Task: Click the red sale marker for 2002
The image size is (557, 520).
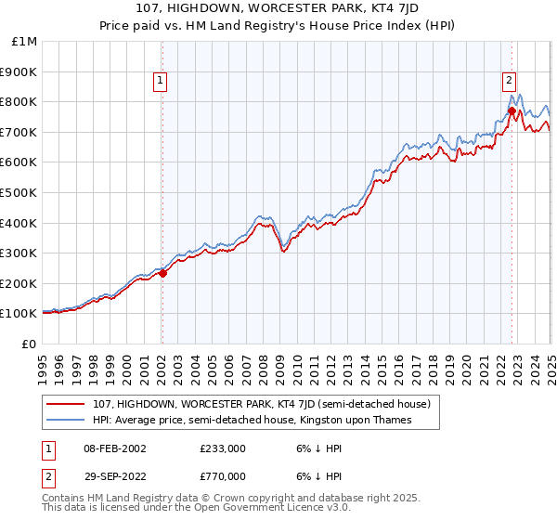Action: coord(162,273)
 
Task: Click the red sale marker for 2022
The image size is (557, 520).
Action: coord(512,110)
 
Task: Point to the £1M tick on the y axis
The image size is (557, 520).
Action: coord(25,42)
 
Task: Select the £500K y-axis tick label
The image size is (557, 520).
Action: coord(20,193)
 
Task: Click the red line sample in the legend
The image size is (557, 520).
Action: coord(68,405)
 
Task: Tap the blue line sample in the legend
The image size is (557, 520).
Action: coord(68,421)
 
